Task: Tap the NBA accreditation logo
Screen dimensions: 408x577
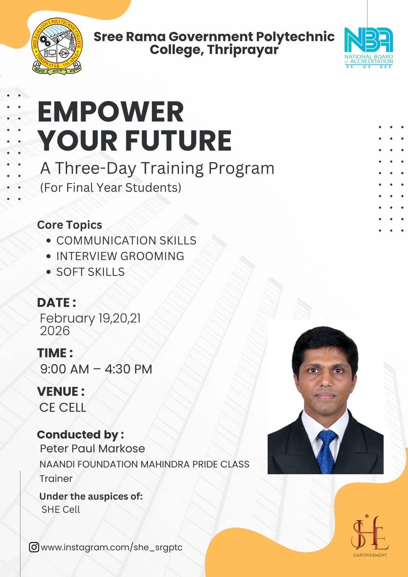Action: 369,48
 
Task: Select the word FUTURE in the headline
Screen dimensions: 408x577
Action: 178,140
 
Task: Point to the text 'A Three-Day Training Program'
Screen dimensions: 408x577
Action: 157,168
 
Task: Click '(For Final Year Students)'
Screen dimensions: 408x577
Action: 111,188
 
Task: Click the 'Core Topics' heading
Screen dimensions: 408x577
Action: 70,225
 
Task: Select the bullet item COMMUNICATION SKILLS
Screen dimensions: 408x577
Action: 126,241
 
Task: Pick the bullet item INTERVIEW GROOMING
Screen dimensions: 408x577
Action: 120,256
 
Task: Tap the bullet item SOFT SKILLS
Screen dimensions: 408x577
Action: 91,272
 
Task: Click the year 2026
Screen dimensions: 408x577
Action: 55,331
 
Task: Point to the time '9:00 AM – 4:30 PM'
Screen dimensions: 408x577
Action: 96,369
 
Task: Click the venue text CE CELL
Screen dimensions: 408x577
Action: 63,408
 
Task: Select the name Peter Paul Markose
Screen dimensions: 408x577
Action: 92,449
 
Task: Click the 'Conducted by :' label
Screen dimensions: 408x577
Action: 80,435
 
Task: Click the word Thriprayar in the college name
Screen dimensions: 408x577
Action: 243,50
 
